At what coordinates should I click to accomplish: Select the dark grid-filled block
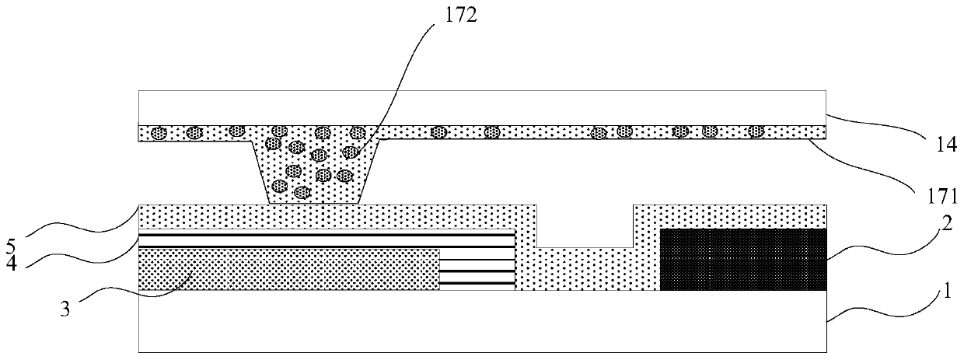pyautogui.click(x=742, y=259)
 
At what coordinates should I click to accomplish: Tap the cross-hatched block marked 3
pyautogui.click(x=288, y=269)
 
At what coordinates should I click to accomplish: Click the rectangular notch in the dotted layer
pyautogui.click(x=585, y=225)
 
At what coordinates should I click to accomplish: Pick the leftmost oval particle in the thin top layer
pyautogui.click(x=159, y=132)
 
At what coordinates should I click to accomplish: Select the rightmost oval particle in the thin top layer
pyautogui.click(x=756, y=132)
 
